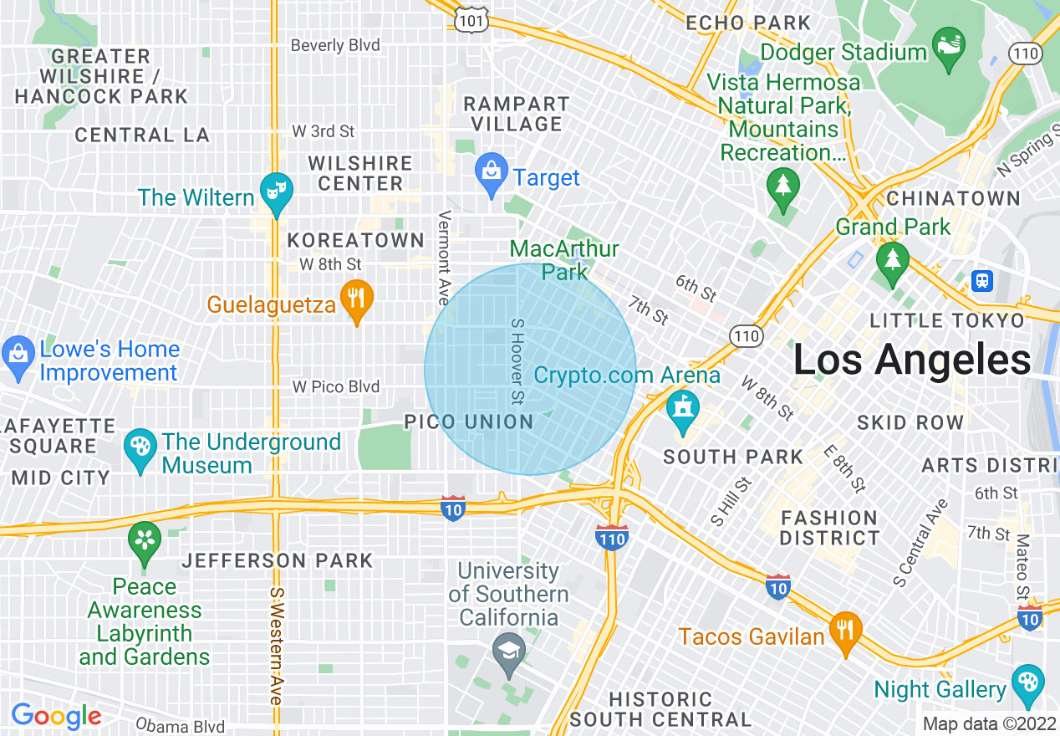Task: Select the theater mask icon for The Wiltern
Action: [274, 188]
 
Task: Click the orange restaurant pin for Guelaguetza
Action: [357, 297]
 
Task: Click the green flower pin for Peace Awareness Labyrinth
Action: [145, 540]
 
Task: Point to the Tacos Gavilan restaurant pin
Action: [846, 629]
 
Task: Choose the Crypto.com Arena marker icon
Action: [683, 410]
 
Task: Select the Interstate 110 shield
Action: [612, 538]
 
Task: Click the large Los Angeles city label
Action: [911, 360]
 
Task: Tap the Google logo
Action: [56, 716]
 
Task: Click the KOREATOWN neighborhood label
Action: [356, 241]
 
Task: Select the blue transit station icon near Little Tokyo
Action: [982, 280]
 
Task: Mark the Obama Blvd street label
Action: [180, 725]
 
